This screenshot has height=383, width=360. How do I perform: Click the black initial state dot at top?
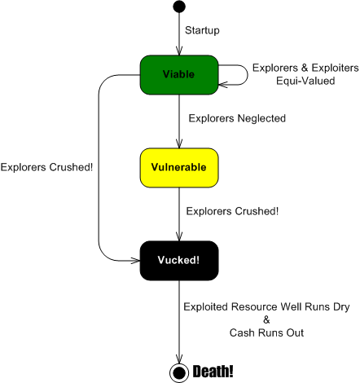179,7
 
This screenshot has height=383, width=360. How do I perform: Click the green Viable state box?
179,74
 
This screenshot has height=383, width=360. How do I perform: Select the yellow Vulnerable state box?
179,168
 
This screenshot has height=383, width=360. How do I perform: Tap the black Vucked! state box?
179,261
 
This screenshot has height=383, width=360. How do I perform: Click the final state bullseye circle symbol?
179,372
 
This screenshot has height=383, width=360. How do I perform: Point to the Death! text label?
213,372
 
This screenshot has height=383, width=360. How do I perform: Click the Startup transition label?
202,30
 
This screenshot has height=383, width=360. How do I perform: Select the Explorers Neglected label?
237,119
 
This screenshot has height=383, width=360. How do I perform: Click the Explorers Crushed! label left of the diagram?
46,169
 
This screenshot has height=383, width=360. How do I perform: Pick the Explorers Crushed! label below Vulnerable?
232,211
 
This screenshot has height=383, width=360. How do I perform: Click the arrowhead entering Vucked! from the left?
135,261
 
